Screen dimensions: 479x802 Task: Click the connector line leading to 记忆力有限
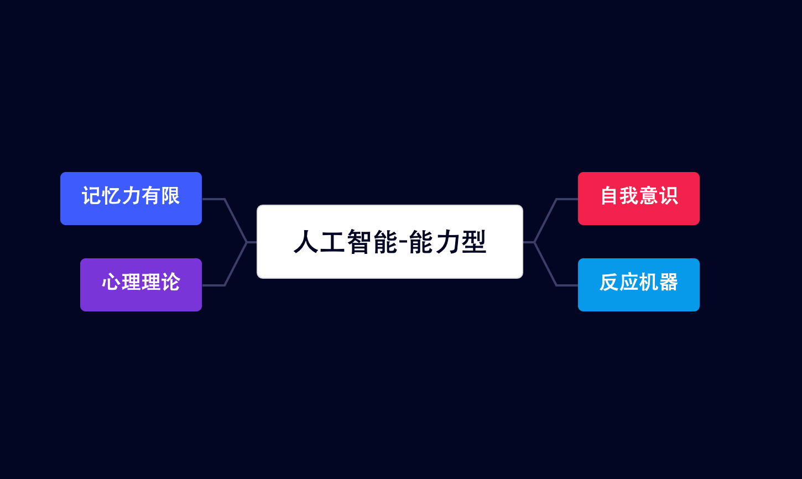(235, 220)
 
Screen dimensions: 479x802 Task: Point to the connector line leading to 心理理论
(235, 264)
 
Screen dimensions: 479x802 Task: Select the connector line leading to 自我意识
(545, 220)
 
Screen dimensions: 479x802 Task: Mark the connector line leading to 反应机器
(545, 264)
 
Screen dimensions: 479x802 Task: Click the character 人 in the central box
(306, 242)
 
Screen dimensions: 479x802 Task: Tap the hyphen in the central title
(403, 242)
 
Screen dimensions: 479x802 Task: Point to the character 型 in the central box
(473, 242)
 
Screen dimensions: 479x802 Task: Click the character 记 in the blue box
(91, 196)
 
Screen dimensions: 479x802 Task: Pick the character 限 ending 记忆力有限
(170, 196)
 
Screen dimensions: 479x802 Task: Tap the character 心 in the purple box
(111, 282)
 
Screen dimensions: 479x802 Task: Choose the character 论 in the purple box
(170, 282)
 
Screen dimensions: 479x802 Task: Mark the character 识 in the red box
(668, 196)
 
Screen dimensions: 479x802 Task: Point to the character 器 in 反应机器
(668, 282)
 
